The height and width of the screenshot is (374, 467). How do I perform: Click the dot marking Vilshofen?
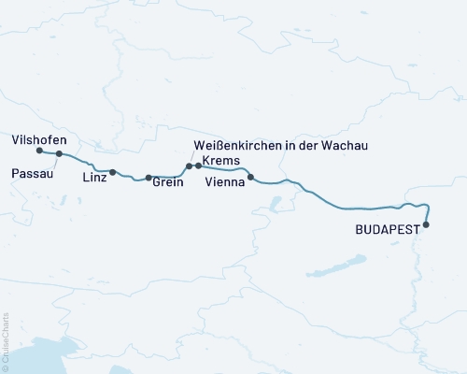tap(39, 151)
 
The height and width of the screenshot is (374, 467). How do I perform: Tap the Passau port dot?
tap(59, 154)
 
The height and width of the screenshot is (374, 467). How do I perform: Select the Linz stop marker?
tap(113, 172)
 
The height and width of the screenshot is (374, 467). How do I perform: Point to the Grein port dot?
tap(149, 178)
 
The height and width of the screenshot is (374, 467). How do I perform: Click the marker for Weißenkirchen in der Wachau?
tap(189, 166)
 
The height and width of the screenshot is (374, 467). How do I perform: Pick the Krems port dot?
tap(198, 166)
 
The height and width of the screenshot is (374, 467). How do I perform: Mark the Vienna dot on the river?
tap(250, 177)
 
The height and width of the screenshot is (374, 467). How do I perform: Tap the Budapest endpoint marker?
tap(426, 224)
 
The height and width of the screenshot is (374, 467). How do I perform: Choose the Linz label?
tap(93, 177)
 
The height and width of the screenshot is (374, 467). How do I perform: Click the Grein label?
tap(167, 184)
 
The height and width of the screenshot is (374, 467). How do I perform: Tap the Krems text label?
tap(220, 160)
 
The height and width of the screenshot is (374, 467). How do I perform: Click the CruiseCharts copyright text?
tap(6, 341)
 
